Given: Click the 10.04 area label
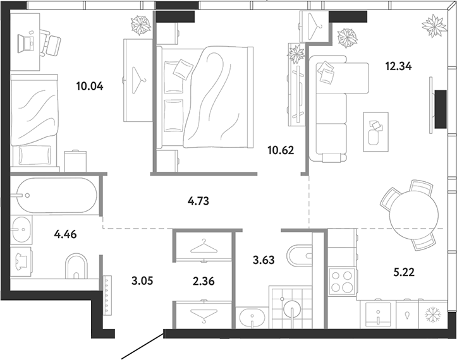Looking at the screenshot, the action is coord(90,87).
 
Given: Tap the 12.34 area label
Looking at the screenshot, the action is coord(398,66).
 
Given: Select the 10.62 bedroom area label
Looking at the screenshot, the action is coord(281,150).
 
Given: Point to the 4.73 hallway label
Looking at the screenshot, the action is coord(198,201).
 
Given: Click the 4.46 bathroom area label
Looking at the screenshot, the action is coord(65,234).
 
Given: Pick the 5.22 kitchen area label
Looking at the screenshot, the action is coord(404,272).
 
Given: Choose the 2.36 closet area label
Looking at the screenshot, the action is coord(204,281).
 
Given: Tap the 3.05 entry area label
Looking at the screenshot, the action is coord(142,281).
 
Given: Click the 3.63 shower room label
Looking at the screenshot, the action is coord(264,260).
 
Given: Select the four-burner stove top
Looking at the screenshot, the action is coord(342,282).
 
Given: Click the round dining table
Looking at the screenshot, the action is coord(414,214).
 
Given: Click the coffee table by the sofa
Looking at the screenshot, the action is coord(375,132).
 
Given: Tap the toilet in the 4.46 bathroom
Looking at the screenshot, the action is coord(76,267).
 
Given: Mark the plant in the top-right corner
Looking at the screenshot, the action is coord(434,27).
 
